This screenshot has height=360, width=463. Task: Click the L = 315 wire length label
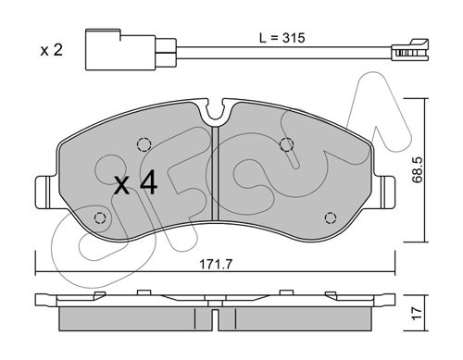click(282, 38)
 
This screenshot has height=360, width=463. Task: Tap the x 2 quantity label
click(52, 50)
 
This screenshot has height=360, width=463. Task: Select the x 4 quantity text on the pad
click(135, 184)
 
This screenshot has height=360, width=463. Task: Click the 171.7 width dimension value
click(216, 264)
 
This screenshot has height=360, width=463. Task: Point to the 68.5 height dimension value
click(418, 169)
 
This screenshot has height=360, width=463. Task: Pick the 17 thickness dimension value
click(417, 313)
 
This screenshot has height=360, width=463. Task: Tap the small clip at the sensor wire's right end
click(410, 50)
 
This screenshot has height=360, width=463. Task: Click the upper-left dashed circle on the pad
click(144, 144)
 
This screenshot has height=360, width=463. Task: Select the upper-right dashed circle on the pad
click(286, 144)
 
